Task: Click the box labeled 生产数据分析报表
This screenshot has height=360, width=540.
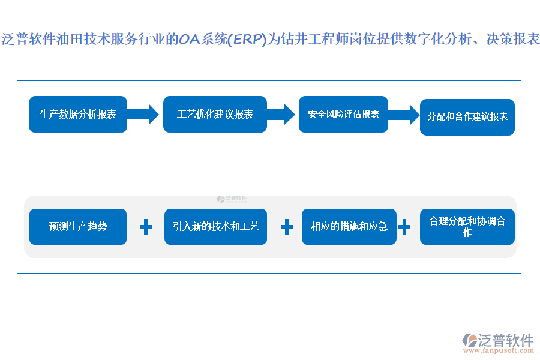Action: (x=78, y=114)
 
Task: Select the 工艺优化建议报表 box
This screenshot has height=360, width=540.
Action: (x=215, y=114)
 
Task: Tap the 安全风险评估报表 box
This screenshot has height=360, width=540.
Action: (x=343, y=114)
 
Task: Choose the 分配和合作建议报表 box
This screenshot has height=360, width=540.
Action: (x=467, y=117)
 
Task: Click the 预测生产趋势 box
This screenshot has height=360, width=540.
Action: (x=78, y=227)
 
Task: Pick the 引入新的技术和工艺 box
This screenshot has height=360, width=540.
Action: (x=215, y=227)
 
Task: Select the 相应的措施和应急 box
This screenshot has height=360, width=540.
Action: (x=349, y=227)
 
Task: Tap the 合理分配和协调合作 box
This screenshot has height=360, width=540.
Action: (x=467, y=227)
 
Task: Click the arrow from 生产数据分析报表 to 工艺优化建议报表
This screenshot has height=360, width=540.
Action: (x=143, y=113)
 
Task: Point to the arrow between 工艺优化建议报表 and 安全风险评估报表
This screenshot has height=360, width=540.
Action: (x=280, y=113)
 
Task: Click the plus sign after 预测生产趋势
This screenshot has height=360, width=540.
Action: (x=145, y=227)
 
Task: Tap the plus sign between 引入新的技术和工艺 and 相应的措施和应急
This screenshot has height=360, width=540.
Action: (x=287, y=227)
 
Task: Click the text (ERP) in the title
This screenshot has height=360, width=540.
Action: (x=247, y=40)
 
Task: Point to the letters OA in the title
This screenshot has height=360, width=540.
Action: (x=191, y=40)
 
